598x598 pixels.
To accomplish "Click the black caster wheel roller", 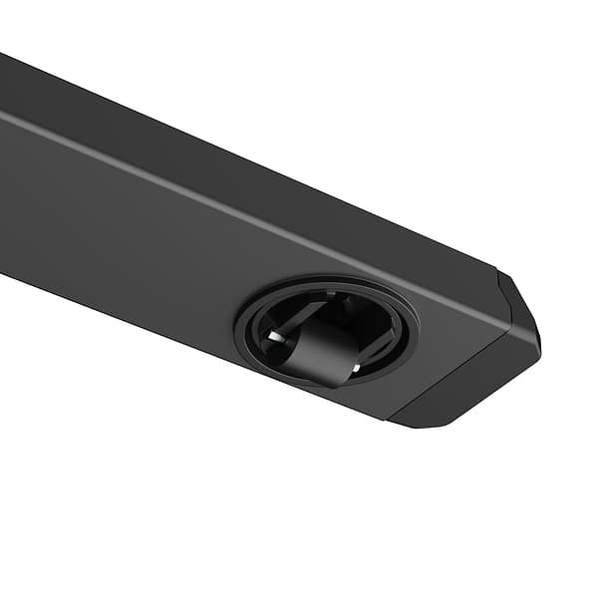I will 323,351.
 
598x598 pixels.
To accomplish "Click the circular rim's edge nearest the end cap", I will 415,328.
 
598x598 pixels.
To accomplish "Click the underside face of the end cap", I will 468,384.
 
